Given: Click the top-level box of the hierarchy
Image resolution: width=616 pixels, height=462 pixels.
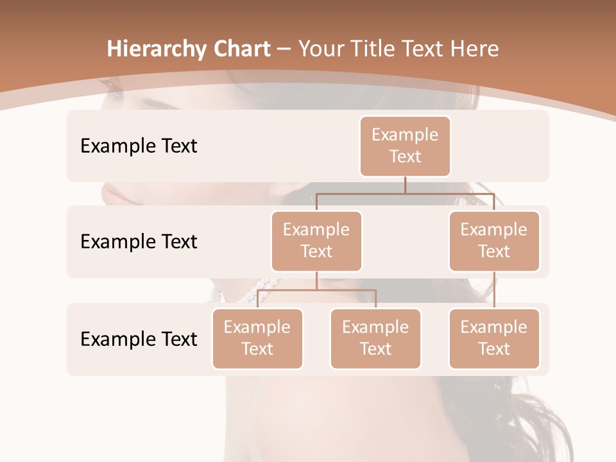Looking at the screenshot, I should [x=405, y=146].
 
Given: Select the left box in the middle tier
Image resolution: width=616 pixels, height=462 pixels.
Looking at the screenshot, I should [x=316, y=241].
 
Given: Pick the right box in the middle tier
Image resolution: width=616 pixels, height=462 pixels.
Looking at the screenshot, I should [x=494, y=241].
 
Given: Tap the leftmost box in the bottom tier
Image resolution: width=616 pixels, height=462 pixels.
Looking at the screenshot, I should [x=257, y=338].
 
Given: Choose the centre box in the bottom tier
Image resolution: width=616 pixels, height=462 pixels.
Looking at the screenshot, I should [x=375, y=338].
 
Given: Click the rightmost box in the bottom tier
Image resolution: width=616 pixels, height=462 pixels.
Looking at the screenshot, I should [x=494, y=338].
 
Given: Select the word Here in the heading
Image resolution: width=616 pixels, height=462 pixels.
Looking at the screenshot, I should [x=474, y=49].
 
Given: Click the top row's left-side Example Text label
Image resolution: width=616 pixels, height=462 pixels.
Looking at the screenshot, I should [x=139, y=146].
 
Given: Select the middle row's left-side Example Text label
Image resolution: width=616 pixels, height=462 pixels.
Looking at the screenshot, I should [x=139, y=241].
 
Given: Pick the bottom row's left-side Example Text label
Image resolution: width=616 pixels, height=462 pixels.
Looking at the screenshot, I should [x=139, y=339].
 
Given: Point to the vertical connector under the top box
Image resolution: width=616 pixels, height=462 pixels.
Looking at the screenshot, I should [x=405, y=184].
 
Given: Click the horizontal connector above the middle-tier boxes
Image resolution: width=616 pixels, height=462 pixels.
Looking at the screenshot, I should [x=405, y=193].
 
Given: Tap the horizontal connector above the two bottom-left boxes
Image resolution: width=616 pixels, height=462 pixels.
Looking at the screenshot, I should [x=316, y=290].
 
